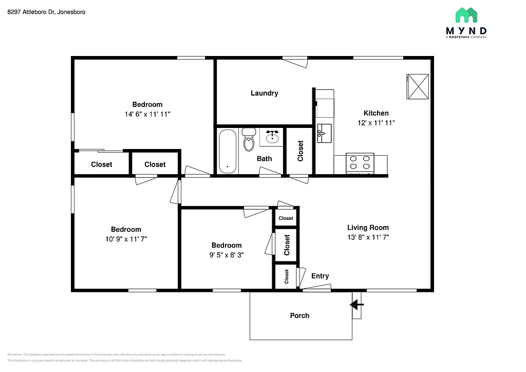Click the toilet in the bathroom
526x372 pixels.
249,139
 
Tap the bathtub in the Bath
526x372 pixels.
228,151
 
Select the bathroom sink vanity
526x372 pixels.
272,138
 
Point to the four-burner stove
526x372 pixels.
360,163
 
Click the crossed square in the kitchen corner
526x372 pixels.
418,86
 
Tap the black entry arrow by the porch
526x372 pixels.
356,305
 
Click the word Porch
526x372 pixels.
299,315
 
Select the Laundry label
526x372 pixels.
264,93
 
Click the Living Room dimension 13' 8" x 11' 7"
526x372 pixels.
368,237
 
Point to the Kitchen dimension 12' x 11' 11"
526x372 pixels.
376,123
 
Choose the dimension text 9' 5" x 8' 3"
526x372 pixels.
227,255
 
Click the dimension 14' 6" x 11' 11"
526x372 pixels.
147,114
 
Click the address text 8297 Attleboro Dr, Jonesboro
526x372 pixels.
46,11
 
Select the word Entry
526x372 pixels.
320,276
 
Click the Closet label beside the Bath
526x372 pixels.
300,151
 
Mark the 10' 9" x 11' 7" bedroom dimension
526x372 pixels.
126,239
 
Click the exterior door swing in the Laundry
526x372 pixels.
295,62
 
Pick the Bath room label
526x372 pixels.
264,158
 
